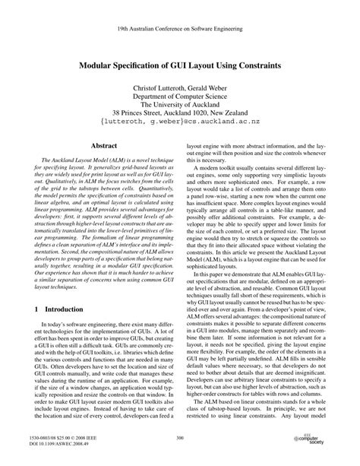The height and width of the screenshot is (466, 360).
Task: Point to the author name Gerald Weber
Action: (219, 90)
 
